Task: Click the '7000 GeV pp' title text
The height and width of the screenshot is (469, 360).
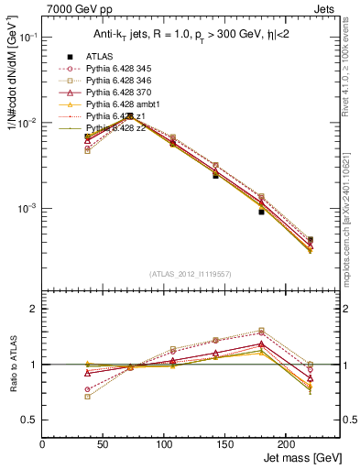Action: [x=75, y=7]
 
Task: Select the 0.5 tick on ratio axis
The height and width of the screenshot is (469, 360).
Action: [x=30, y=420]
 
